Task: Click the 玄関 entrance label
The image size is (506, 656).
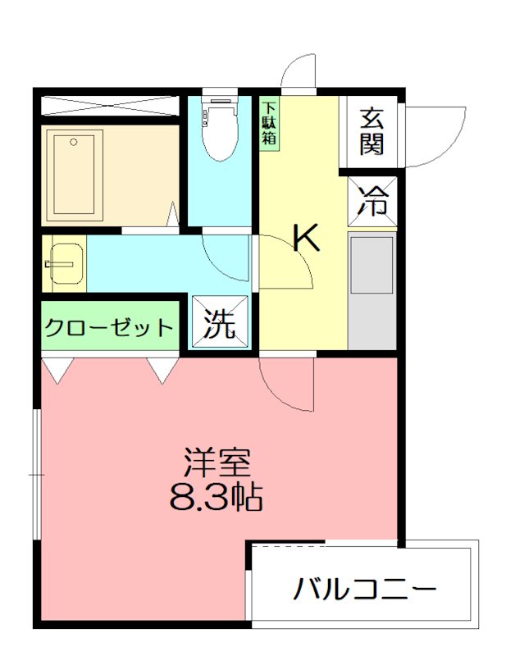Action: (x=372, y=131)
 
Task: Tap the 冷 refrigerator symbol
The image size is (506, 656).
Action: (x=374, y=202)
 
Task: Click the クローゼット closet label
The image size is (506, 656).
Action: (x=109, y=329)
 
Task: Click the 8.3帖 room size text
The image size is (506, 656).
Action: (x=216, y=496)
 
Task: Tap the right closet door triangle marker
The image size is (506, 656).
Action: (x=162, y=370)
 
